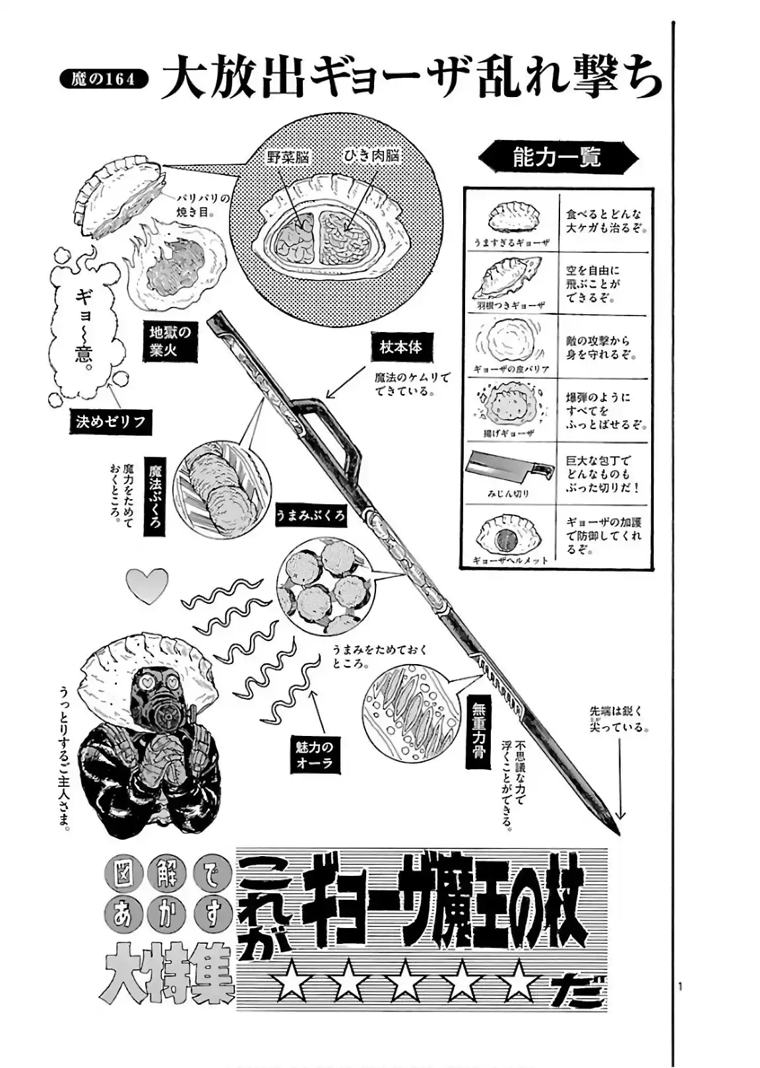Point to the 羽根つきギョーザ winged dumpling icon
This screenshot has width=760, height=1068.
point(509,278)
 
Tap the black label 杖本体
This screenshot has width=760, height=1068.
point(400,347)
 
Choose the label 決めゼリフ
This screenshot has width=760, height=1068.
point(110,422)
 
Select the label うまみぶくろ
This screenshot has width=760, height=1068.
point(310,516)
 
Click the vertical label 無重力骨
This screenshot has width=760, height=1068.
point(478,732)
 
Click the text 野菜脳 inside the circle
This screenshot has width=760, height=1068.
point(288,157)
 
